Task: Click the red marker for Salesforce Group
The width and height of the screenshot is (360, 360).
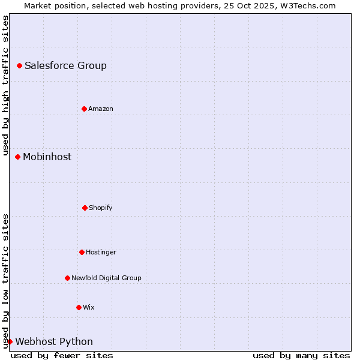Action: (19, 65)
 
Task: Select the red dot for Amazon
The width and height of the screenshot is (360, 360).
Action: (84, 109)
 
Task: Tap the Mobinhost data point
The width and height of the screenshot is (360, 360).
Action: (17, 157)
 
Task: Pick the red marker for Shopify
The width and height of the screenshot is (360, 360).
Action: (85, 208)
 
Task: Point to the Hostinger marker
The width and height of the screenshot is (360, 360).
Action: (82, 252)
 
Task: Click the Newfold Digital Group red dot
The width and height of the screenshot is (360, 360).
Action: (67, 278)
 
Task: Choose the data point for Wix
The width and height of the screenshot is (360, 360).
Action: (79, 307)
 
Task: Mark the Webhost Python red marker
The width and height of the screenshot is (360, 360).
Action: (10, 341)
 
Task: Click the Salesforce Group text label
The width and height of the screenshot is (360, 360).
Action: (65, 66)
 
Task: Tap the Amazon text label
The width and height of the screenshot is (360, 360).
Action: (101, 109)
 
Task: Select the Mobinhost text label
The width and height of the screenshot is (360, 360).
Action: (47, 157)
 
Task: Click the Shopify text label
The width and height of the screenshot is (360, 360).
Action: (101, 208)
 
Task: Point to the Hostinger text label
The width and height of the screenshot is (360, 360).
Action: (101, 253)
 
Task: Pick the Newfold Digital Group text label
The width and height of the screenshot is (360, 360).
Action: (106, 278)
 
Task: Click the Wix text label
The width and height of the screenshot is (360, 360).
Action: (89, 308)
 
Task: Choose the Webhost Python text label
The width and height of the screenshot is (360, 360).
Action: (54, 342)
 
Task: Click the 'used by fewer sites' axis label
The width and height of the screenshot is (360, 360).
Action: (62, 355)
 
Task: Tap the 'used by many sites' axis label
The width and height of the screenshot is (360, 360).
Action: (301, 355)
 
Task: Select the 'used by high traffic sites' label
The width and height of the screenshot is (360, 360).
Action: (5, 85)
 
